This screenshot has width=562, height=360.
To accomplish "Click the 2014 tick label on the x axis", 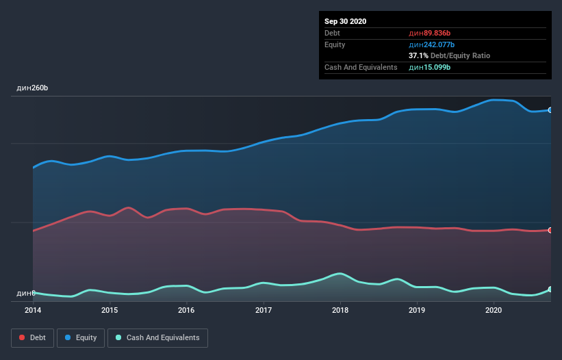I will click(33, 310).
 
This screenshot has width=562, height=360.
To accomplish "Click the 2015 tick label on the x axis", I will click(110, 310).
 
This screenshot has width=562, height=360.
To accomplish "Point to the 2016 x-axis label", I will click(186, 310).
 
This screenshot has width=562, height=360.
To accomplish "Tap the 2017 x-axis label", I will click(264, 310).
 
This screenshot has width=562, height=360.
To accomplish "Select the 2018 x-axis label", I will click(340, 310).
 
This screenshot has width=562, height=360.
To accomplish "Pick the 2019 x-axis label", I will click(417, 310).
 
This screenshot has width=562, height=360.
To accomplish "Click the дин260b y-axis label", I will click(32, 88).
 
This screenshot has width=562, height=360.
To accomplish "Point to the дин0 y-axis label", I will click(25, 293).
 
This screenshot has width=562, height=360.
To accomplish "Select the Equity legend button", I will click(81, 337).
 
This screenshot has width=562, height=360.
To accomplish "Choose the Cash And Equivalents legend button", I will click(157, 337).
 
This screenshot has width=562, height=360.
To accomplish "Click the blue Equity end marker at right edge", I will click(550, 110).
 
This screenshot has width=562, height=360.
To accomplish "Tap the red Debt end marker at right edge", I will click(550, 230).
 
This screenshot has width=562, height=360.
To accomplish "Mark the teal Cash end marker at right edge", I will click(550, 290).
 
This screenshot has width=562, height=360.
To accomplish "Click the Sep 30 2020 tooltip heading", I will click(346, 21).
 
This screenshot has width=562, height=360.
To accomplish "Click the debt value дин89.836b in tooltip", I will click(430, 33).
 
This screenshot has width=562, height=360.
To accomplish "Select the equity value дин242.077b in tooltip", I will click(431, 44).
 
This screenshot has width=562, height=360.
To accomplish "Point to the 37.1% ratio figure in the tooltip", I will click(418, 55).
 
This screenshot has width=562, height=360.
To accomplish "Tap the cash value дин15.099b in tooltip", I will click(430, 67).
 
